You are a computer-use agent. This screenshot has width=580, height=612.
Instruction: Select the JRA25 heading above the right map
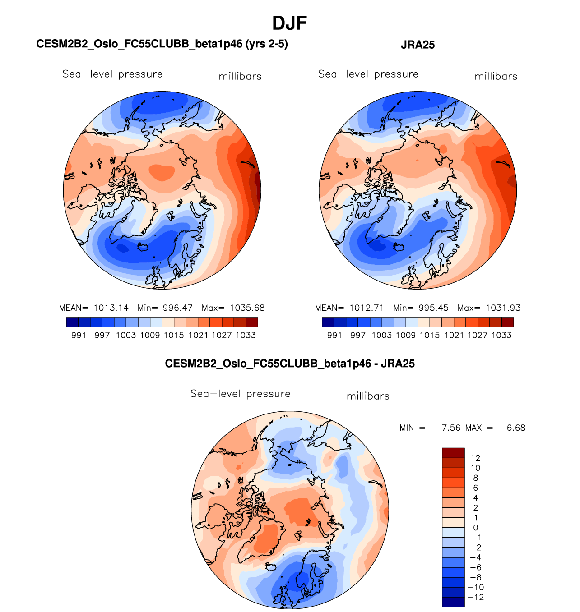click(x=418, y=45)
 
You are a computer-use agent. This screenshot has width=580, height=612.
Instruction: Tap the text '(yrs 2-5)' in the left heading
click(x=267, y=44)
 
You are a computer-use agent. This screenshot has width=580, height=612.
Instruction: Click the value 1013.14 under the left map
click(x=111, y=308)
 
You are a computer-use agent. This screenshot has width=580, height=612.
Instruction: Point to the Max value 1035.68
click(x=247, y=308)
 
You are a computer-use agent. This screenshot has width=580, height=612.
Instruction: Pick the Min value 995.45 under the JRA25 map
click(x=433, y=308)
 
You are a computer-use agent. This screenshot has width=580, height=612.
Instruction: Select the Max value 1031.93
click(x=503, y=308)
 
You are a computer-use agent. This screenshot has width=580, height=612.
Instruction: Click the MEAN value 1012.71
click(x=367, y=308)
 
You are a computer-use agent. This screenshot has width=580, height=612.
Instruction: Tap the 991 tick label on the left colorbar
click(x=79, y=335)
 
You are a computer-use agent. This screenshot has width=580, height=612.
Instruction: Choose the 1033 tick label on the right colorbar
click(x=501, y=335)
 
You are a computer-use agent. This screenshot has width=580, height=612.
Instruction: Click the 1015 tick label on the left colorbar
click(x=174, y=335)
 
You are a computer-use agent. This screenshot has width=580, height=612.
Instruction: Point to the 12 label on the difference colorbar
click(x=475, y=458)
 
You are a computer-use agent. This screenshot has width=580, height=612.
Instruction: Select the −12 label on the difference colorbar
click(x=476, y=597)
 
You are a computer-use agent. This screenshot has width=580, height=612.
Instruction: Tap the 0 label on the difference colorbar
click(x=476, y=528)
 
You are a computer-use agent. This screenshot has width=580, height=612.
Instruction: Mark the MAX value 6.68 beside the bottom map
click(x=516, y=428)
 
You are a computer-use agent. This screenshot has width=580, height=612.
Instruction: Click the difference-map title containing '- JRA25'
click(x=290, y=364)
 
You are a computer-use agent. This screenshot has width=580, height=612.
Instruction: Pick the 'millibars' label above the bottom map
click(x=368, y=396)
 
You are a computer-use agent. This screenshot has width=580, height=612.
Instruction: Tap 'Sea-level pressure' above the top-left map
click(x=112, y=74)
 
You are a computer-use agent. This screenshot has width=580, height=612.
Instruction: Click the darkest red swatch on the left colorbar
click(x=252, y=322)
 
